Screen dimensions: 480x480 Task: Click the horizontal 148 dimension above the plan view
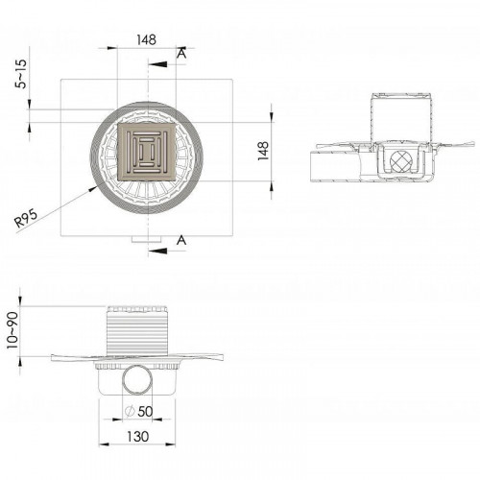click(x=146, y=40)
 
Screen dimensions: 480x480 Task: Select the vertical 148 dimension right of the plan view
click(x=265, y=151)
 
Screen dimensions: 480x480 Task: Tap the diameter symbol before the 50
click(x=132, y=413)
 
